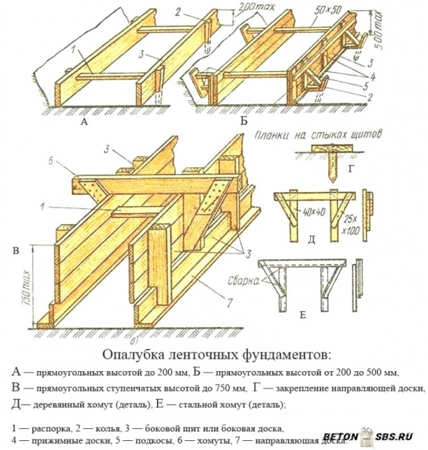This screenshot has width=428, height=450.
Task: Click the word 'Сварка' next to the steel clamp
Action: [x=238, y=280]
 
